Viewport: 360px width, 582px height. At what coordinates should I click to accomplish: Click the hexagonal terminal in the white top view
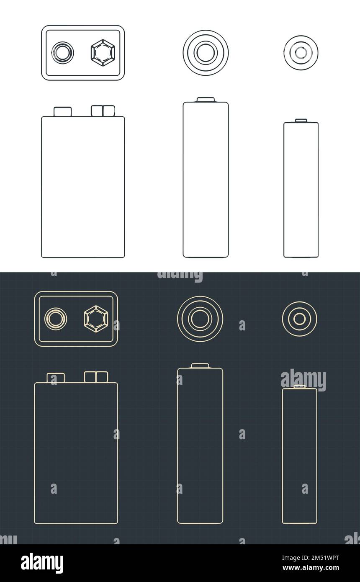click(103, 52)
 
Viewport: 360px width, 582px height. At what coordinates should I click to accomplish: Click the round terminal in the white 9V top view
click(62, 52)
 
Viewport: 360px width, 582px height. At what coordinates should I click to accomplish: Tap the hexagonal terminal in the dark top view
click(96, 319)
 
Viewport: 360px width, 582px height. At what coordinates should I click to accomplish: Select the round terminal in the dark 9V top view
click(56, 319)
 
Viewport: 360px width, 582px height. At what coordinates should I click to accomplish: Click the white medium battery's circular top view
click(206, 52)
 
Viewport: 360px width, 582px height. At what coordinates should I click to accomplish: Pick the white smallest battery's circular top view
click(301, 52)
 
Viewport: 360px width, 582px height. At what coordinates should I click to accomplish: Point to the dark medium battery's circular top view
click(200, 319)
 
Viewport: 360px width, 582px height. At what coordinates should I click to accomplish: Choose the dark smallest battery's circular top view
click(299, 319)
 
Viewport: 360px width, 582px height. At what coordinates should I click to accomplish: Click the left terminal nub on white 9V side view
click(62, 112)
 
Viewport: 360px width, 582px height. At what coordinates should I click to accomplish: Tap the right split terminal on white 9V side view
click(103, 111)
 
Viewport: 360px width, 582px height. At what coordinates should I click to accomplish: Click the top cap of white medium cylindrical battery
click(206, 100)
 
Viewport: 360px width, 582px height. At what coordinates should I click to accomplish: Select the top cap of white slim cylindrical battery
click(301, 121)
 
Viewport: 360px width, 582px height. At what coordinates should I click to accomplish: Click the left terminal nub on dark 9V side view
click(56, 378)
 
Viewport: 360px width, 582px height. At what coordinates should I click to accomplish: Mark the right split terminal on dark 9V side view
click(96, 377)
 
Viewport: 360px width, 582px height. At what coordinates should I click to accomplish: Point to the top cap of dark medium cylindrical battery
click(200, 366)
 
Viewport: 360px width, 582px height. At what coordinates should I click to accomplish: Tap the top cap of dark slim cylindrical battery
click(299, 386)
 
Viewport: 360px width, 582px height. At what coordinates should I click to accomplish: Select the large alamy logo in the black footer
click(42, 563)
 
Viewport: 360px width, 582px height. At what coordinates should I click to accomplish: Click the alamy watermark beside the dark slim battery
click(303, 380)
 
